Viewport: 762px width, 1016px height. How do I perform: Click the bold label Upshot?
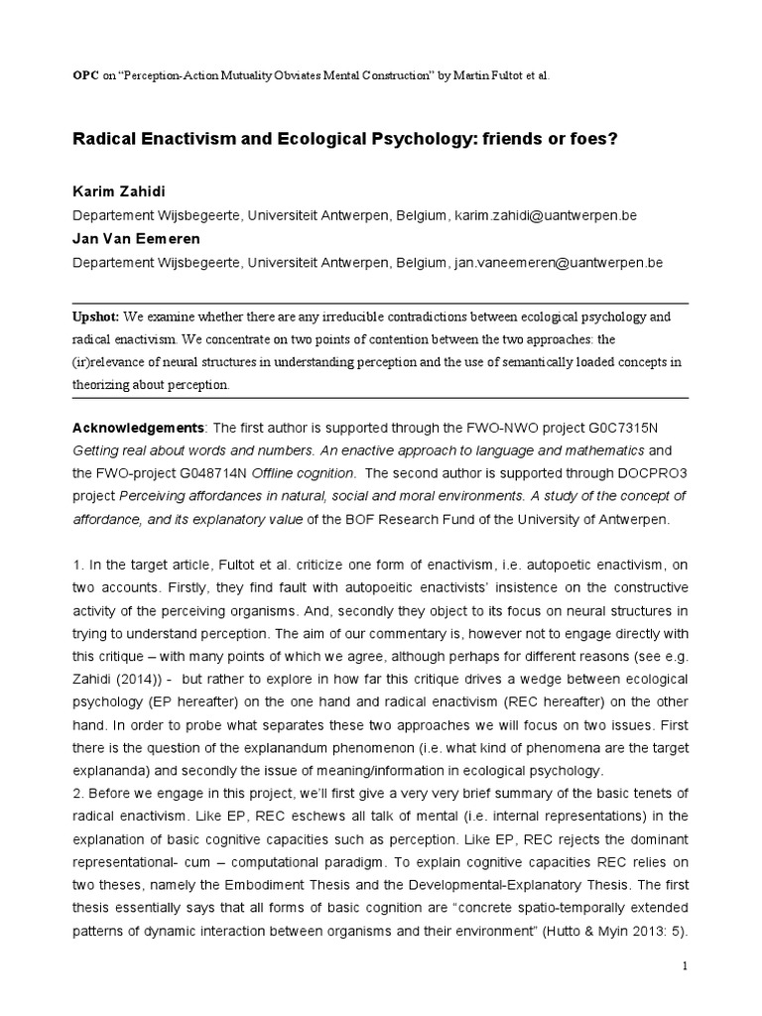(97, 317)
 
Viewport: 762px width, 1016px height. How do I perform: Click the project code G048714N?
(217, 473)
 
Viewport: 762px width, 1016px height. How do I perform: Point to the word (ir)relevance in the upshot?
(110, 362)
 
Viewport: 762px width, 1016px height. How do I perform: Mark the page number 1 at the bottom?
(686, 965)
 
